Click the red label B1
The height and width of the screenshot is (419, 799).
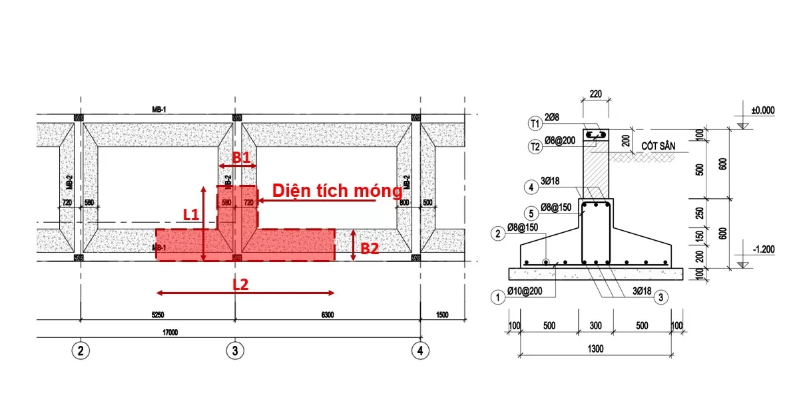coord(240,158)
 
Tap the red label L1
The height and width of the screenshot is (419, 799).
coord(192,214)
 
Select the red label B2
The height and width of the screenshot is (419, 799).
coord(370,249)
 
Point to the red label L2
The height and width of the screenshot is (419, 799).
coord(240,283)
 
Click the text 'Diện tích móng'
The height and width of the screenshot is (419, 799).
coord(337,191)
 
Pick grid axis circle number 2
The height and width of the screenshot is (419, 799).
coord(81,349)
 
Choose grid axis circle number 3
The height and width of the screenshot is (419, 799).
coord(234,349)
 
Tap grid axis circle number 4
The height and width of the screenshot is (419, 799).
coord(419,349)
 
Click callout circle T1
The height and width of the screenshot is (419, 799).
coord(535,123)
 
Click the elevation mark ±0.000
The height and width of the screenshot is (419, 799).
coord(763,111)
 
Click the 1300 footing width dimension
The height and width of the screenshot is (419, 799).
coord(596,348)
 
